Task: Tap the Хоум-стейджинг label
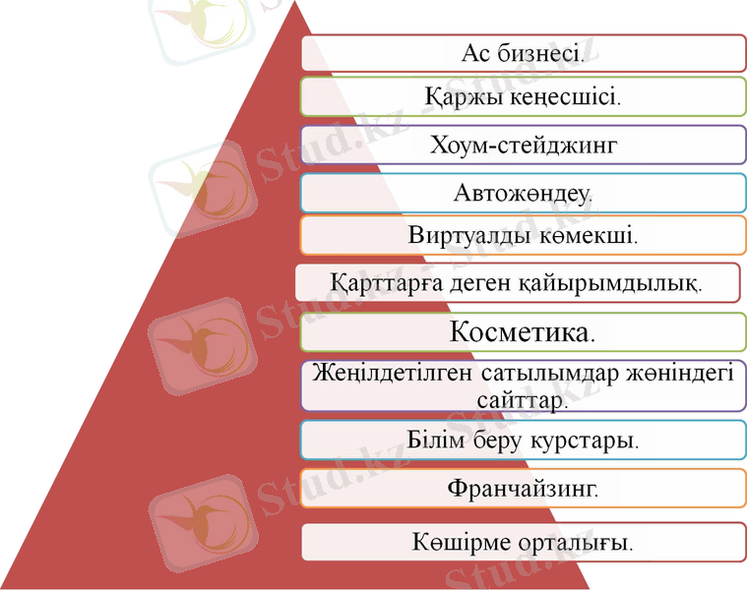point(523,146)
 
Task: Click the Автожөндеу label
point(522,192)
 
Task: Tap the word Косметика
point(522,331)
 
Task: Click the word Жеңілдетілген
point(392,374)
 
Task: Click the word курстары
point(585,439)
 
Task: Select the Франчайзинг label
point(522,486)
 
